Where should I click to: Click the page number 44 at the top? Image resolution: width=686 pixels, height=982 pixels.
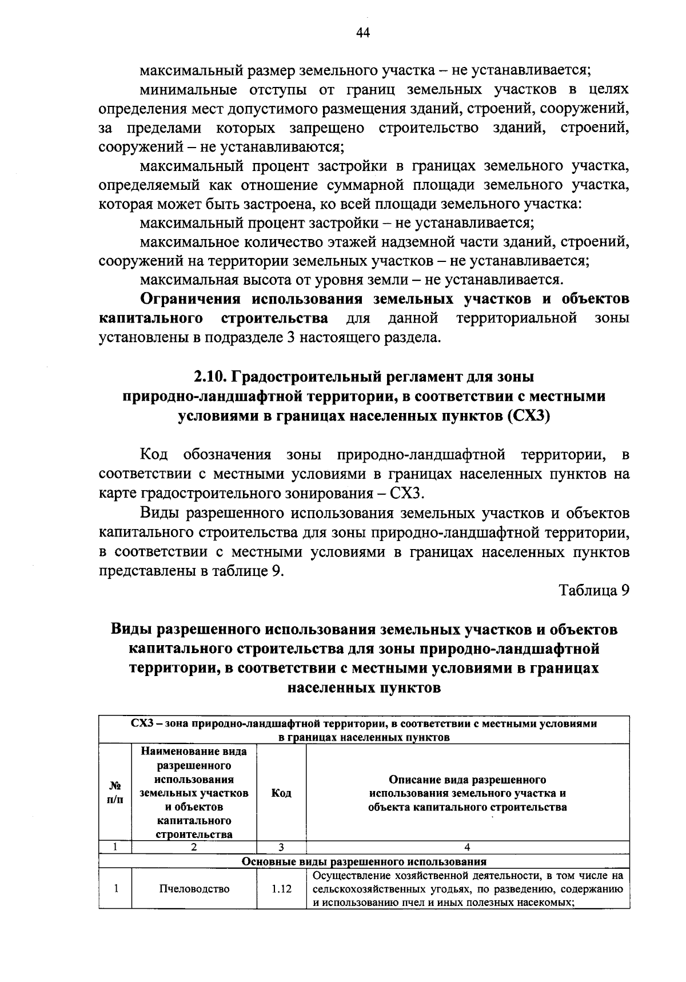(x=364, y=33)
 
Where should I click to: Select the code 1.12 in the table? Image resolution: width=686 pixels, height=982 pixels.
(x=281, y=889)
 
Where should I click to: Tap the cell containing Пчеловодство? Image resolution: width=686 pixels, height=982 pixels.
(x=194, y=889)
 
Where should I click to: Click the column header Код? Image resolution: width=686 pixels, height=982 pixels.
(x=281, y=793)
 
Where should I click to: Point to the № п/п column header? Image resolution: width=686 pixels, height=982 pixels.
(x=115, y=793)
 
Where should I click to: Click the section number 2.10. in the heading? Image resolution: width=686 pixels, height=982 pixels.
(x=211, y=377)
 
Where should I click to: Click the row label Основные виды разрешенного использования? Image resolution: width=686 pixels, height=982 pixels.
(x=364, y=861)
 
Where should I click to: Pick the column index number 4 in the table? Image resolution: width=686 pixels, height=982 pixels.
(x=468, y=848)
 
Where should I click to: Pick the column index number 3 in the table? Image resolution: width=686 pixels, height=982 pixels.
(x=281, y=848)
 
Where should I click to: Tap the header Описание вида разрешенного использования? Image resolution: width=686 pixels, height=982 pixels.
(x=468, y=793)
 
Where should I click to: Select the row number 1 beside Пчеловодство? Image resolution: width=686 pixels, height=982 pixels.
(x=115, y=889)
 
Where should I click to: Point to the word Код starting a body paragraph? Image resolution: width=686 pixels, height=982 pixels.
(x=153, y=455)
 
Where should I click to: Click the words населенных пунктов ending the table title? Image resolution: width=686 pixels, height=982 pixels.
(x=364, y=688)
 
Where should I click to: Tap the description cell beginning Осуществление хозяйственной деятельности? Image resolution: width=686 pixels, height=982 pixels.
(x=468, y=889)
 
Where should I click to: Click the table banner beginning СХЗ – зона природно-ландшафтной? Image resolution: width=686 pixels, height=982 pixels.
(x=364, y=729)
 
